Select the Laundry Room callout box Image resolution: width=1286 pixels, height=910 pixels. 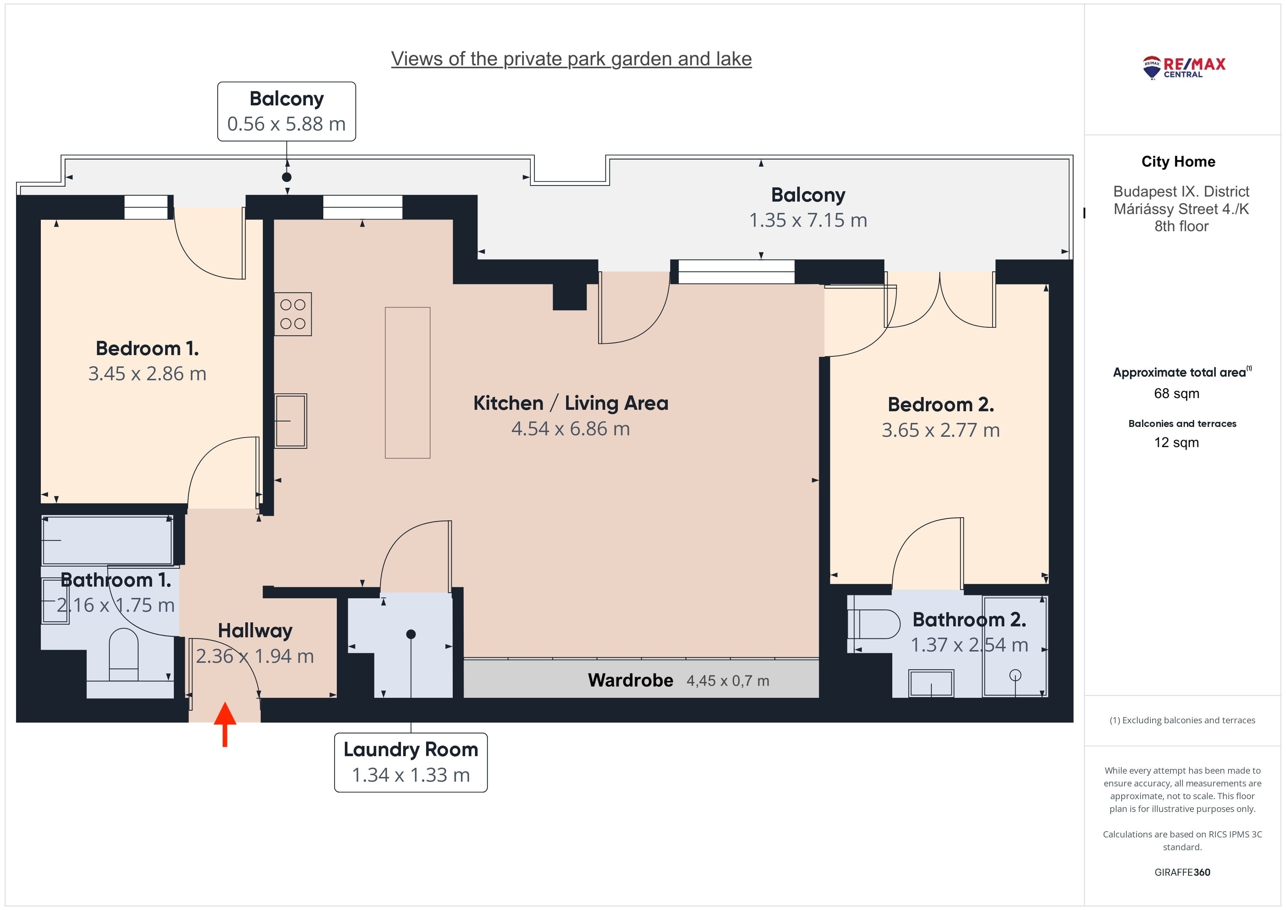tap(410, 762)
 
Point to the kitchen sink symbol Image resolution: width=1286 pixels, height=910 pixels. tap(291, 421)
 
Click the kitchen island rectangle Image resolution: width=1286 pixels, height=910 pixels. tap(408, 383)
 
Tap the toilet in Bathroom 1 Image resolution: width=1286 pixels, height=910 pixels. tap(123, 654)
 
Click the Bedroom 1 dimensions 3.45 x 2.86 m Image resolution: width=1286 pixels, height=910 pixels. tap(147, 374)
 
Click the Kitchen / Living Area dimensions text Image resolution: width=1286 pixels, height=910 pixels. tap(571, 429)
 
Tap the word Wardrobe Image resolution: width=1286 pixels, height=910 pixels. tap(631, 680)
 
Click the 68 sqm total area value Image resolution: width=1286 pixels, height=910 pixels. tap(1177, 393)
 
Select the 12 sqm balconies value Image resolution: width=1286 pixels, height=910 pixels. tap(1177, 442)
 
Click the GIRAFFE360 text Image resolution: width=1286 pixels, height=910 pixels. tap(1182, 872)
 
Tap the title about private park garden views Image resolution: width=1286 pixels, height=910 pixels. tap(571, 59)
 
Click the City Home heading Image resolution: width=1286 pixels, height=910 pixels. tap(1178, 162)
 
